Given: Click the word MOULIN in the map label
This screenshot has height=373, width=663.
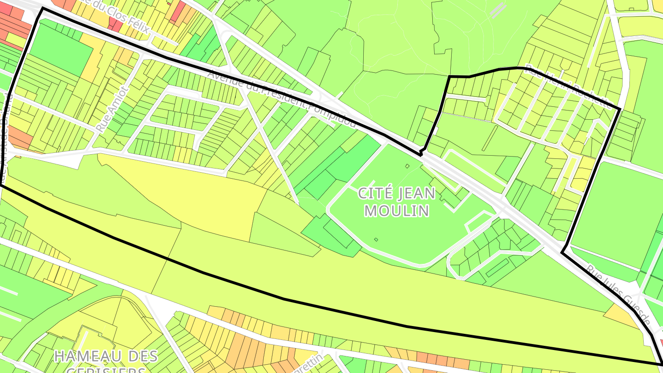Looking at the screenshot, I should click(397, 211).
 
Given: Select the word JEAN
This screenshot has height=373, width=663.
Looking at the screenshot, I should click(416, 193).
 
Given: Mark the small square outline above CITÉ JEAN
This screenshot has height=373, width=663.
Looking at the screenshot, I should click(407, 166).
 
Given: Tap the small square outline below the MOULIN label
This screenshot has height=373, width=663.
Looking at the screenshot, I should click(376, 239).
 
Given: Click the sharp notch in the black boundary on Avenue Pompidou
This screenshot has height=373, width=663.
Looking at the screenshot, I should click(421, 152).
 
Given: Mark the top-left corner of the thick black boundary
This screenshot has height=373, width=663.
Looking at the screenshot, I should click(42, 8).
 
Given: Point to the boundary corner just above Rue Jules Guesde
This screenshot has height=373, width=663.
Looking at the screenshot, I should click(563, 252).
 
